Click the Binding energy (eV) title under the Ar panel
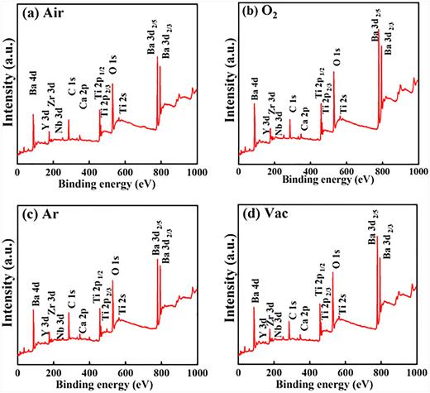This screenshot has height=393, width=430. point(106,386)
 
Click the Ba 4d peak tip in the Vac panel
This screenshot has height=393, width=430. point(254,307)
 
